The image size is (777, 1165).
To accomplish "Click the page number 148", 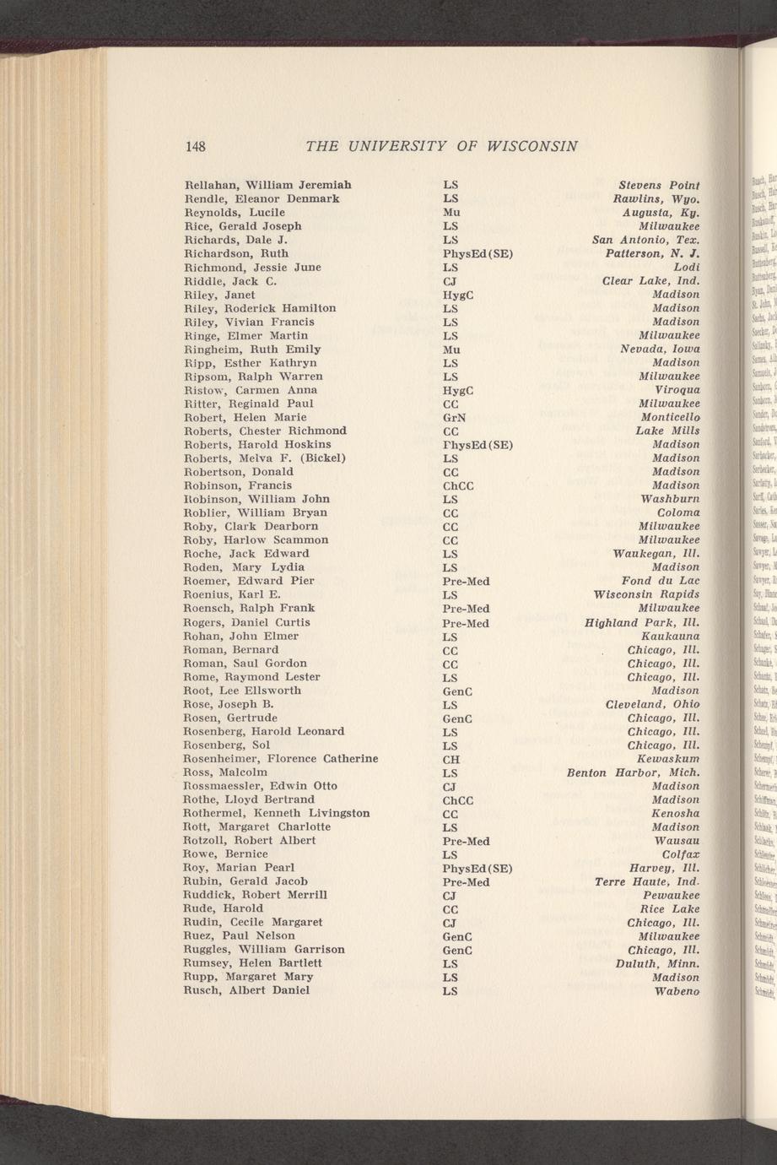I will (196, 146).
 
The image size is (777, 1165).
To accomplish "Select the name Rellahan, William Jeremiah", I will (267, 185).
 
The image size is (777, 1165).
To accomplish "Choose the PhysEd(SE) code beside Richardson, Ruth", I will (478, 254).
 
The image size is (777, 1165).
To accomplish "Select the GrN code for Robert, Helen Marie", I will (457, 418).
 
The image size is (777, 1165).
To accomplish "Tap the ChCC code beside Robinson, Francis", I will (461, 486).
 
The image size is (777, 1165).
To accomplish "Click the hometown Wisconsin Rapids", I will (646, 594).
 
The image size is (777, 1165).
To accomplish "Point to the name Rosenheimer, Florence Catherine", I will (280, 758).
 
